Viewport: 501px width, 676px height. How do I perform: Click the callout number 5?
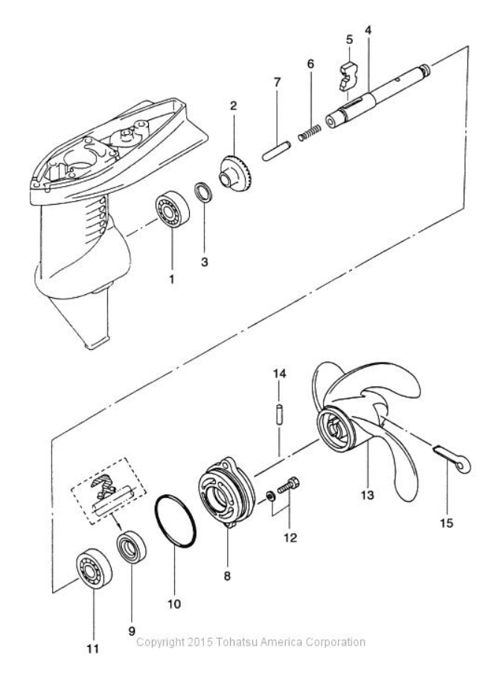(349, 39)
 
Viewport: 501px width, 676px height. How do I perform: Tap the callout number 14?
(279, 374)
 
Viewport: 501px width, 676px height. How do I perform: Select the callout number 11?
(93, 648)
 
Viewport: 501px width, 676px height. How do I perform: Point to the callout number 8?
(227, 575)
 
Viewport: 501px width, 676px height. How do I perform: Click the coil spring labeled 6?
(309, 132)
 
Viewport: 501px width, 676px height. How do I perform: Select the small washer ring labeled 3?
(204, 192)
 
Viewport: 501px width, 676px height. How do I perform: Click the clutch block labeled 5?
(350, 76)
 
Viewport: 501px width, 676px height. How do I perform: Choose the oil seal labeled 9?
(132, 547)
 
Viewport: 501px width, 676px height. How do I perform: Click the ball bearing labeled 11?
(94, 569)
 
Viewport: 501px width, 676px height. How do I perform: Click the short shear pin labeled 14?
(279, 414)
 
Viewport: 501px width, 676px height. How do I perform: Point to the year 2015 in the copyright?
(200, 642)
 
